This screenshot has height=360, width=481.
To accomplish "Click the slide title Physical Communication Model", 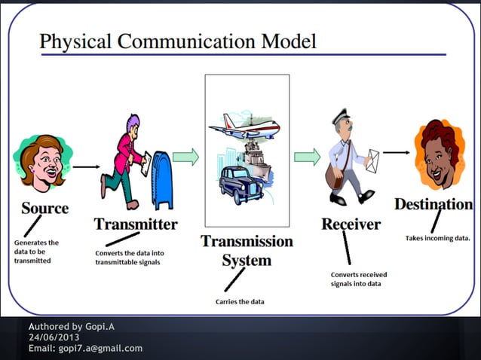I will coord(177,41).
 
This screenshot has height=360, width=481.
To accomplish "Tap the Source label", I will coord(44,207).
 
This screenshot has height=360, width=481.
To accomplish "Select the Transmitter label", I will coord(136,224).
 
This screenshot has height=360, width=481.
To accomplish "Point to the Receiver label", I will coord(351,224).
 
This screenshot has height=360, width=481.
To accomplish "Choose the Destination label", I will coord(433,203).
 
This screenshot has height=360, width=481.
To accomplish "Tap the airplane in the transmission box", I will coord(244,129).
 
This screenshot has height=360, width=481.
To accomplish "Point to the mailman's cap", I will coord(342,117).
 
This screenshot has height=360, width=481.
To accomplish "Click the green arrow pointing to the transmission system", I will coord(185,157).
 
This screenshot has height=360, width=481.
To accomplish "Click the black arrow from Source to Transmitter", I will coord(87,166).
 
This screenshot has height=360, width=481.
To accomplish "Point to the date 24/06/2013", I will coord(54,337).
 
